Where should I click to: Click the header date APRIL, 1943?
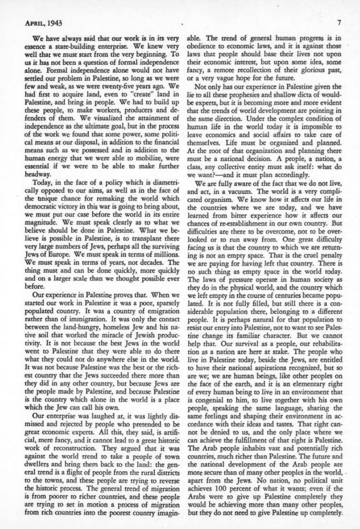pyautogui.click(x=43, y=22)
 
